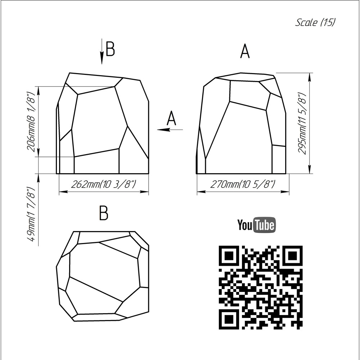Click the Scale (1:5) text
315,22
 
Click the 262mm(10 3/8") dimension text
104,184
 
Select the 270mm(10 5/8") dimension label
242,184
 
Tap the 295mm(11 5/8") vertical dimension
302,123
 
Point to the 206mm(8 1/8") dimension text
31,121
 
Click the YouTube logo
256,225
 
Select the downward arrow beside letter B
102,51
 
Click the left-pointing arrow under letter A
170,130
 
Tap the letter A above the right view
245,51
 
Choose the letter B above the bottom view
104,213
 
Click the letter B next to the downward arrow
110,49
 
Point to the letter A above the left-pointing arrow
171,118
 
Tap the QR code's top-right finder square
292,256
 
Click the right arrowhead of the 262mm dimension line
144,192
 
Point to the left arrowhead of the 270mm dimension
201,192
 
